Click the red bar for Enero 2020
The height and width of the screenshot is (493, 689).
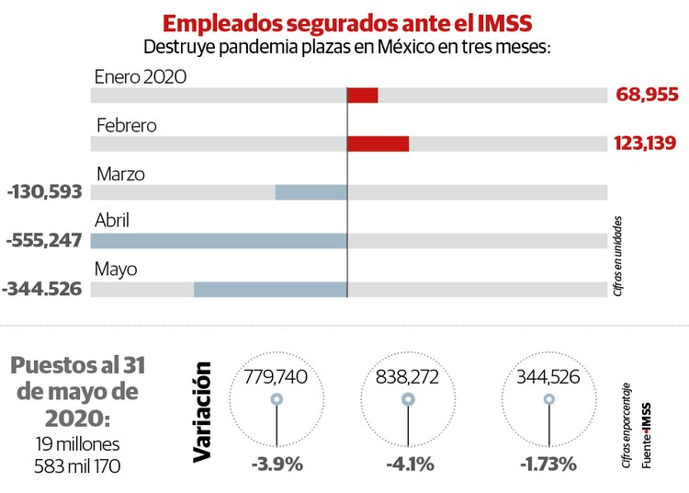point(363,95)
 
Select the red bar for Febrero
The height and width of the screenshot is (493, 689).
point(378,143)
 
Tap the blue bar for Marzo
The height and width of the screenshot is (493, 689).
point(311,191)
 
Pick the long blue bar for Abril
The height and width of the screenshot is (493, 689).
point(219,240)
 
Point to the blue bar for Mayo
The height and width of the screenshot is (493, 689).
point(270,289)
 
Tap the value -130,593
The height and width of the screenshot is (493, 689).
point(44,191)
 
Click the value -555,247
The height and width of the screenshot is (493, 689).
point(44,240)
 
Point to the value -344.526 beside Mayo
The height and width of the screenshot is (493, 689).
point(42,289)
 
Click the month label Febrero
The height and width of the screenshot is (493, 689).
point(126,125)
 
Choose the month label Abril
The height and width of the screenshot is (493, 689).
point(112,221)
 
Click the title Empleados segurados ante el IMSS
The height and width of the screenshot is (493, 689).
point(346,22)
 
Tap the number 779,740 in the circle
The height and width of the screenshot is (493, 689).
point(276,377)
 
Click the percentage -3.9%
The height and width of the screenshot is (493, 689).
point(277,464)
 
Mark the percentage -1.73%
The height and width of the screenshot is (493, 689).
point(548,464)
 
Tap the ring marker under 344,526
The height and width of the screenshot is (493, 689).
point(549,399)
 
